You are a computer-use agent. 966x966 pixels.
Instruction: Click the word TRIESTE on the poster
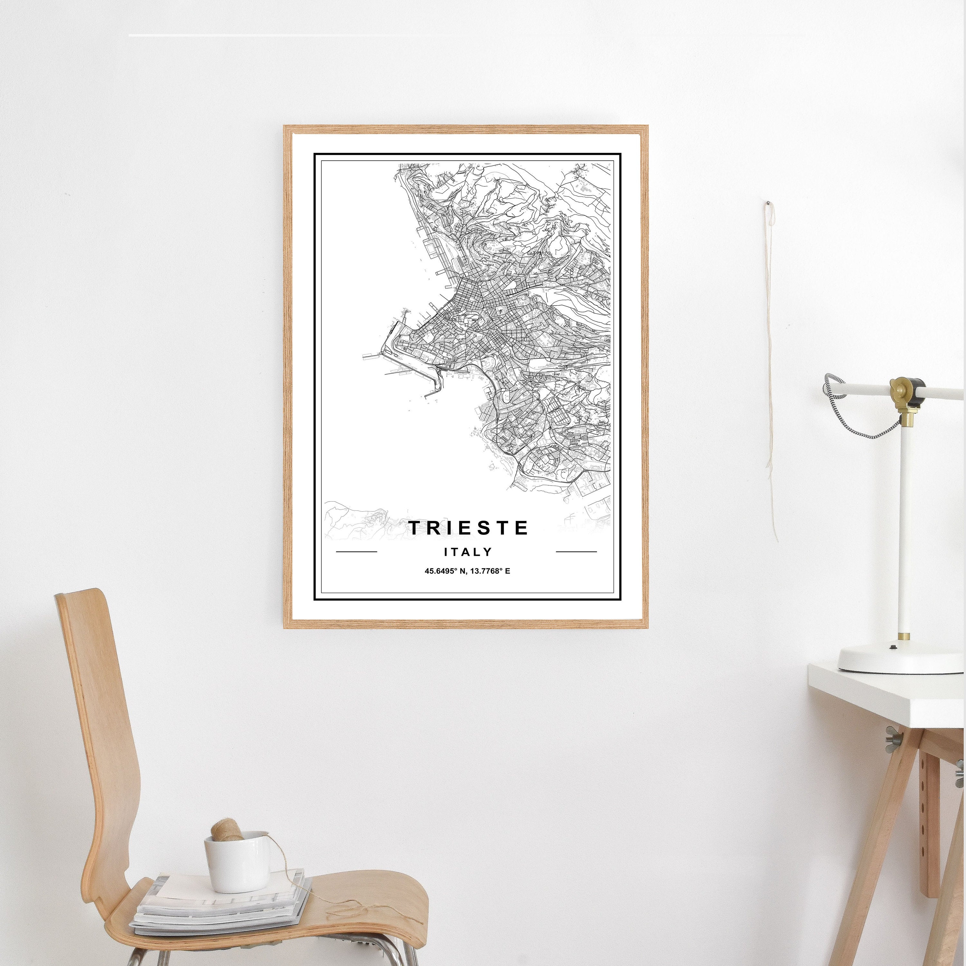(469, 528)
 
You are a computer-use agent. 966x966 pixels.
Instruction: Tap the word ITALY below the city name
(468, 552)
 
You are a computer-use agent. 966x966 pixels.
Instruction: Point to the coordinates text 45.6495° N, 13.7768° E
(468, 572)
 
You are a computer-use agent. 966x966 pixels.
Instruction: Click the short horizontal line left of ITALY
(356, 552)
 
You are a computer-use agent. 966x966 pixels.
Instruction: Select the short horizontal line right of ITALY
(576, 552)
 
